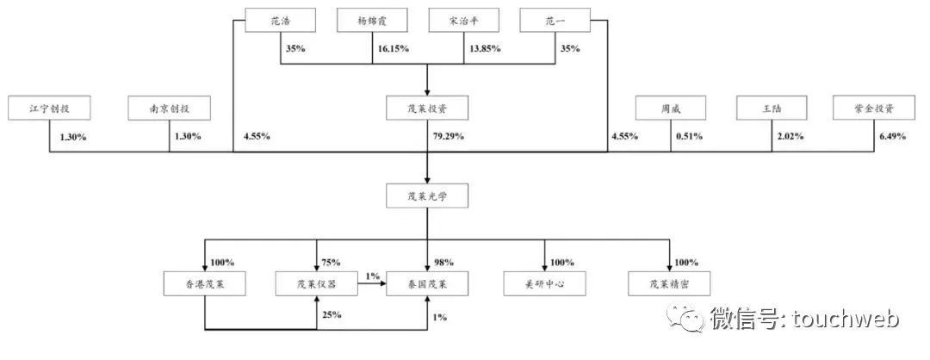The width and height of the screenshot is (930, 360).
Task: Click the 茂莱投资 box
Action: click(427, 109)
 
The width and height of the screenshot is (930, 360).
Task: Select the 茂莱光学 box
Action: click(427, 196)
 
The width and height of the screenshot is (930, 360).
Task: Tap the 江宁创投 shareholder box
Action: click(50, 109)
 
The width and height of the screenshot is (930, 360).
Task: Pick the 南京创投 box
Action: click(170, 109)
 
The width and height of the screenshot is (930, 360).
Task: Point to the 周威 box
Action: click(671, 109)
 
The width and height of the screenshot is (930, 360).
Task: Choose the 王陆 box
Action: click(772, 109)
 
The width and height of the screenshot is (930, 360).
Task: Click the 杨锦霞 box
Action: click(373, 20)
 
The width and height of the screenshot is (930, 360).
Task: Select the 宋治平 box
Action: click(464, 20)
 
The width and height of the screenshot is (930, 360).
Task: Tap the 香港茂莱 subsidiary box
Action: click(205, 283)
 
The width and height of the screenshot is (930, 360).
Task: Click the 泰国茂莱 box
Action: click(427, 283)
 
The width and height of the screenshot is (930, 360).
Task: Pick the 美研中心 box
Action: click(544, 283)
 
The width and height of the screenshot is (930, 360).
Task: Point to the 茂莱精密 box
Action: click(670, 283)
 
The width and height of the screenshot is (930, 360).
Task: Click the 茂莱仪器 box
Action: click(316, 283)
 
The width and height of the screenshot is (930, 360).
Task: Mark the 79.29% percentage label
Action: click(448, 136)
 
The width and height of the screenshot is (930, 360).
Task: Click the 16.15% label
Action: click(393, 48)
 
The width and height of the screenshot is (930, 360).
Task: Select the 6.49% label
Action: click(891, 136)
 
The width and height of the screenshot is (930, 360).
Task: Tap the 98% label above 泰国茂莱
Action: click(443, 262)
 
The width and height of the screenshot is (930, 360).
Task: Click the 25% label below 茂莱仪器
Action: click(331, 314)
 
